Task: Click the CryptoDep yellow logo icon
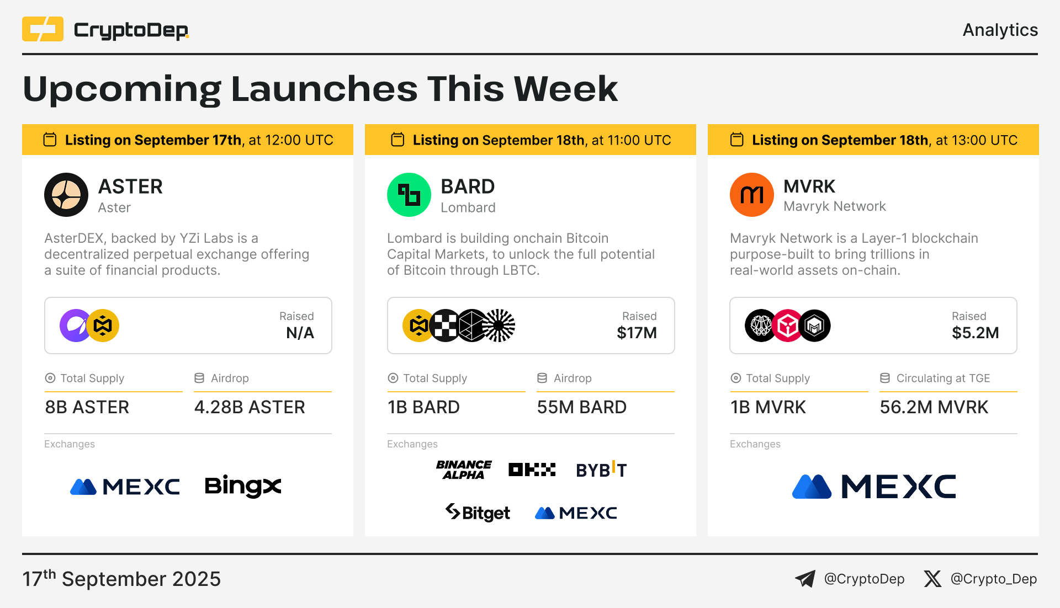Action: coord(43,29)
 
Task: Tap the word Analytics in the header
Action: coord(1000,30)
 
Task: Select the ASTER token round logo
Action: coord(66,195)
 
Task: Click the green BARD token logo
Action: coord(409,195)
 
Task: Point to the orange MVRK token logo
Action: coord(752,195)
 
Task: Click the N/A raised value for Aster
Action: coord(300,333)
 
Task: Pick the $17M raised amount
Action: coord(637,333)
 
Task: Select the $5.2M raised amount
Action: coord(975,333)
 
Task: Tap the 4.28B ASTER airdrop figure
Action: coord(250,407)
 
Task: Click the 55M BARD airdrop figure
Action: coord(582,407)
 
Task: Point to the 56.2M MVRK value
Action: coord(934,407)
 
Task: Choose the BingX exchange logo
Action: coord(243,486)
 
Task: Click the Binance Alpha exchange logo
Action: coord(464,470)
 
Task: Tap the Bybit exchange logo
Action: coord(601,470)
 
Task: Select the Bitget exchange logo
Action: coord(478,513)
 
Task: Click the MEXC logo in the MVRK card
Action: coord(874,487)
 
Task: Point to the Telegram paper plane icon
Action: coord(805,579)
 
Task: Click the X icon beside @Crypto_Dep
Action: coord(932,579)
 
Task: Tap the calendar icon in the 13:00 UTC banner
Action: coord(737,140)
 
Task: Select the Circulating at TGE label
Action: coord(943,378)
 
